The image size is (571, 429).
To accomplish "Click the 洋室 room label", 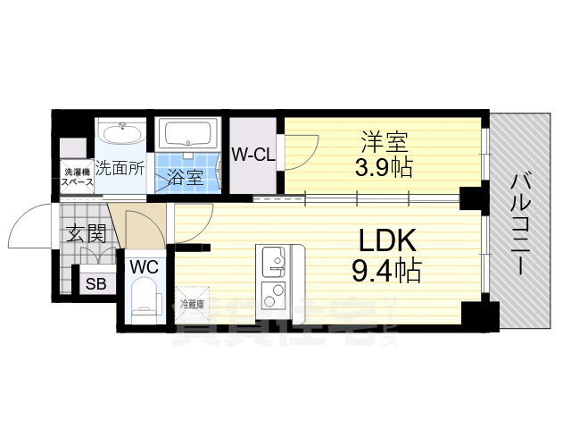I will tap(385, 141).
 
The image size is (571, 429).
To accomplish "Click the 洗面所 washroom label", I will tap(120, 166).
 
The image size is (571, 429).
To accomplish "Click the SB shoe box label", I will tap(94, 284).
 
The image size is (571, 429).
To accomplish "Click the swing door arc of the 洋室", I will tap(301, 147).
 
